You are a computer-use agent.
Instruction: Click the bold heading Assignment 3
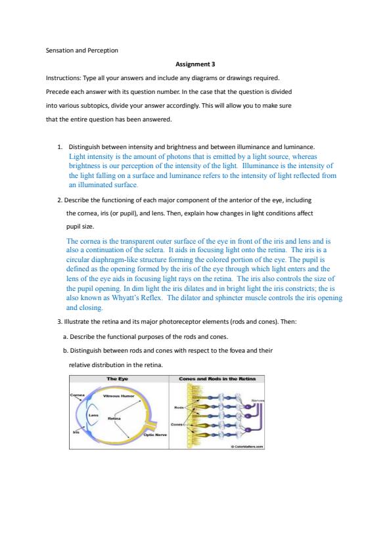pos(195,64)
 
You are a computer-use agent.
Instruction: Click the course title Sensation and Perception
pos(82,51)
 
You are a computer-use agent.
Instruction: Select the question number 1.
pos(60,147)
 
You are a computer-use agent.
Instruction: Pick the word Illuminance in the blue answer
pos(260,166)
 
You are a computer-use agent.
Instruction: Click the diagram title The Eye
pos(118,379)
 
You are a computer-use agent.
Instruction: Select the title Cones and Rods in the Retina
pos(217,379)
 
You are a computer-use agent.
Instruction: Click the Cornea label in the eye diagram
pos(78,395)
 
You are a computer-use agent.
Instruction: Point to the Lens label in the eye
pos(93,416)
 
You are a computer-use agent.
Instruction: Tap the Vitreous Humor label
pos(118,396)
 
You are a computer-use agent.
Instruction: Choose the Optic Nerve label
pos(155,435)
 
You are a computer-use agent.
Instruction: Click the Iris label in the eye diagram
pos(76,432)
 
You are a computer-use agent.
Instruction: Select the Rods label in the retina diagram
pos(179,408)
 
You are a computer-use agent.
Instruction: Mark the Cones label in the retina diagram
pos(177,424)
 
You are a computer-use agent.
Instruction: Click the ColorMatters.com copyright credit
pos(247,447)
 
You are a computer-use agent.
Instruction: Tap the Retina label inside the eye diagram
pos(114,418)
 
